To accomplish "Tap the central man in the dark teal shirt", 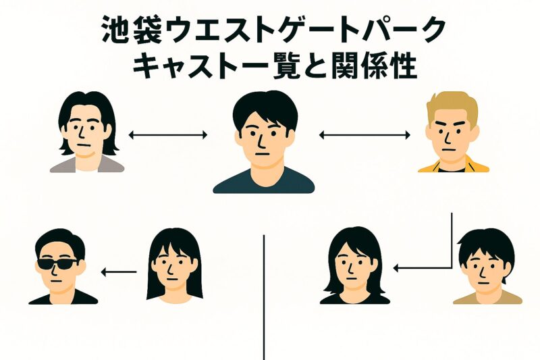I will (x=264, y=142).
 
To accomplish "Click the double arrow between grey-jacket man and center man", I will (x=168, y=136).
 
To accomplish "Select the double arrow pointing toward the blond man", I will (x=364, y=136).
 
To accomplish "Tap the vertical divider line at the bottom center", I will (x=264, y=297).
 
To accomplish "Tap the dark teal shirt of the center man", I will (x=264, y=180).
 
